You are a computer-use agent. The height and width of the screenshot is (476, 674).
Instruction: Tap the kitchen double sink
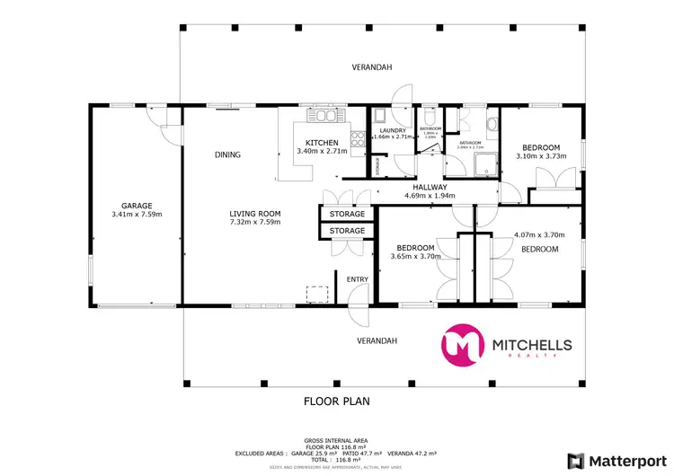(x=323, y=116)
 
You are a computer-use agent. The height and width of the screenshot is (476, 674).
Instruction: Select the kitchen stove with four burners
(x=357, y=139)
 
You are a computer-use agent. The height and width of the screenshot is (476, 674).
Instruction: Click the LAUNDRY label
(x=393, y=130)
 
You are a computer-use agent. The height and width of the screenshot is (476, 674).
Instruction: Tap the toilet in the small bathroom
(x=430, y=117)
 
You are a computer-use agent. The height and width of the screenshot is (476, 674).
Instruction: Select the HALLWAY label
(x=430, y=187)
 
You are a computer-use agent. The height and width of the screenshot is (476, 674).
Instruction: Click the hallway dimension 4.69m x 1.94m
(x=430, y=196)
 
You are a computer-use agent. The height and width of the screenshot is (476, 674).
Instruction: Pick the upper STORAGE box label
(x=347, y=215)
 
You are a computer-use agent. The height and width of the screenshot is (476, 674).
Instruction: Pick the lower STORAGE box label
(x=347, y=232)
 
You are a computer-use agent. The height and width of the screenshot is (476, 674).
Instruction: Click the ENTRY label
(x=358, y=279)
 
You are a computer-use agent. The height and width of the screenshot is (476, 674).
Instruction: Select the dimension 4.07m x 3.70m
(x=538, y=235)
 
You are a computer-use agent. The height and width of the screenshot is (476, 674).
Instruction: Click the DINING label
(x=227, y=154)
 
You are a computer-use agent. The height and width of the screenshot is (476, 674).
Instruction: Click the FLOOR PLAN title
(x=337, y=401)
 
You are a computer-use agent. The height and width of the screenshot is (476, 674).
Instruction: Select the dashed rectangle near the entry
(x=316, y=295)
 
